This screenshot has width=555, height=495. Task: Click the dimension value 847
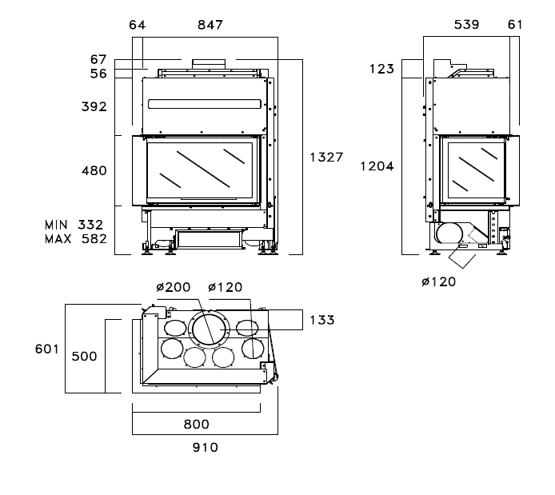(210, 25)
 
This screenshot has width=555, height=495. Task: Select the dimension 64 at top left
(138, 25)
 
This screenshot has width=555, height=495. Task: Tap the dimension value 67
(98, 59)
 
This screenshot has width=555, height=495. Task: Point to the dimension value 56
(98, 73)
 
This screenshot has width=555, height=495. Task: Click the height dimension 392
(94, 106)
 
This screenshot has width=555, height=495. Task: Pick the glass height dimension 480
(94, 170)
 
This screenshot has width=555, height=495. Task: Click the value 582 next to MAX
(94, 239)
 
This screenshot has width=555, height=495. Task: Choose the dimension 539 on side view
(466, 25)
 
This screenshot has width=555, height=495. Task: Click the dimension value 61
(515, 25)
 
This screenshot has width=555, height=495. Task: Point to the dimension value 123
(381, 69)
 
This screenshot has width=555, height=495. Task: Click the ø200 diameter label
(173, 288)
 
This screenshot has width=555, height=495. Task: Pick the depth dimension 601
(47, 349)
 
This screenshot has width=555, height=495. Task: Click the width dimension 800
(196, 424)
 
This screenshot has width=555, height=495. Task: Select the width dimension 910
(206, 448)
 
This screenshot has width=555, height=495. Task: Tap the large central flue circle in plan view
(210, 329)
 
